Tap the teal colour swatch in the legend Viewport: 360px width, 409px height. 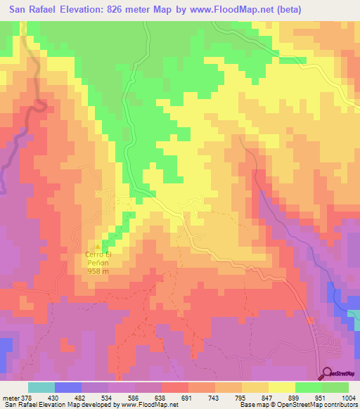[x=41, y=387]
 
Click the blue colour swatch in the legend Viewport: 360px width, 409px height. [x=68, y=387]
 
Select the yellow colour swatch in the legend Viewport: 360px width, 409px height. [x=282, y=387]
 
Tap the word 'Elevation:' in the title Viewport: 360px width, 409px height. [x=87, y=10]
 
